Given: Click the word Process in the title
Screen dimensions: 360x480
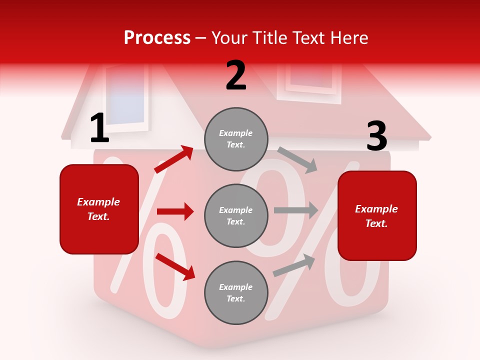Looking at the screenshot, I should point(157,38).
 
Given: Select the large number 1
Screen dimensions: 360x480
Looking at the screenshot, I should point(99,128).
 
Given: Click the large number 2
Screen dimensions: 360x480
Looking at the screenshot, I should point(236,75).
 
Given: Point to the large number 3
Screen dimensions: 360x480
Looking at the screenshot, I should point(376,136).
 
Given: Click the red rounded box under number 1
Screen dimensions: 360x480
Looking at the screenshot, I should point(99,209).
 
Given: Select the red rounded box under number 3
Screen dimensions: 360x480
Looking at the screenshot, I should point(377,215).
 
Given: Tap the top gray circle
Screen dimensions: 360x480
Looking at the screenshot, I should point(236,139).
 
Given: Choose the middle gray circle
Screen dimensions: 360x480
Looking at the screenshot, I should point(236,215).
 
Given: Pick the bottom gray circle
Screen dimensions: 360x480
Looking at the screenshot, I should point(236,292).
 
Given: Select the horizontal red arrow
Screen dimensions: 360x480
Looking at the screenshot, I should point(175,211).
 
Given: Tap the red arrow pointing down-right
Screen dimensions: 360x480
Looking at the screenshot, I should point(175,266).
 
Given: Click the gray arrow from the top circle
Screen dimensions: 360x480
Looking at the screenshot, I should point(297,159).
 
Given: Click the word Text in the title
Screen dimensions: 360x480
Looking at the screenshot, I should point(309,38).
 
